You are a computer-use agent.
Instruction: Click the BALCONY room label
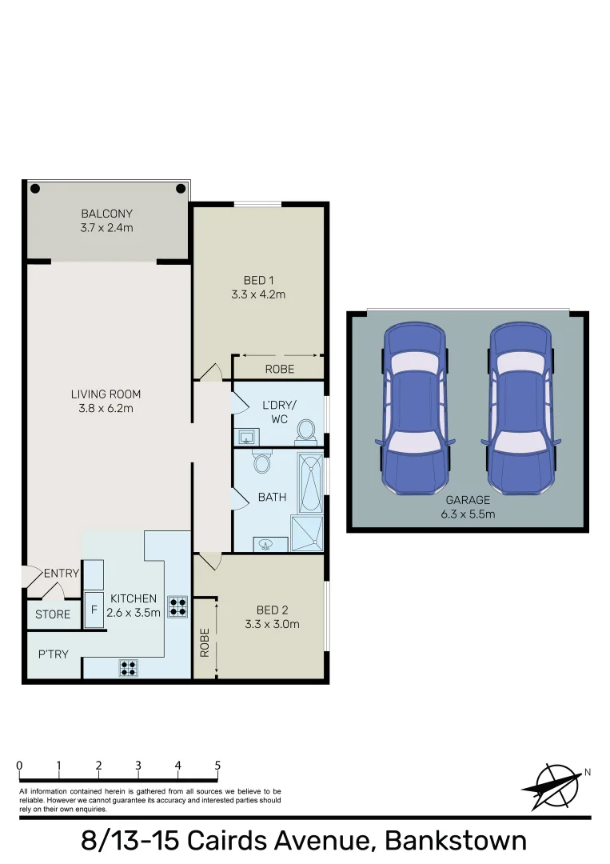click(106, 214)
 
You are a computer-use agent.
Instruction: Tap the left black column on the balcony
click(35, 190)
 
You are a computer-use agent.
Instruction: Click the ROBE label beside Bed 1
click(279, 369)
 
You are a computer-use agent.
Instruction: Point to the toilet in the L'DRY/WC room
click(305, 431)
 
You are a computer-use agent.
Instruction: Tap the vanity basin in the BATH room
click(266, 544)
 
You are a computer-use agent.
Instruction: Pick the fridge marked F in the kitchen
click(94, 610)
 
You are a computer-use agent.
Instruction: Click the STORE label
click(53, 614)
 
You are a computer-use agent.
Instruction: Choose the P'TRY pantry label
click(54, 654)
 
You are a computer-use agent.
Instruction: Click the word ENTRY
click(62, 573)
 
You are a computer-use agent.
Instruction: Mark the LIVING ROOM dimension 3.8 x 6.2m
click(106, 408)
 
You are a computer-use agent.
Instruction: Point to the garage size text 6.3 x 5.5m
click(468, 514)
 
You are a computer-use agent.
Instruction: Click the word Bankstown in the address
click(456, 842)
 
